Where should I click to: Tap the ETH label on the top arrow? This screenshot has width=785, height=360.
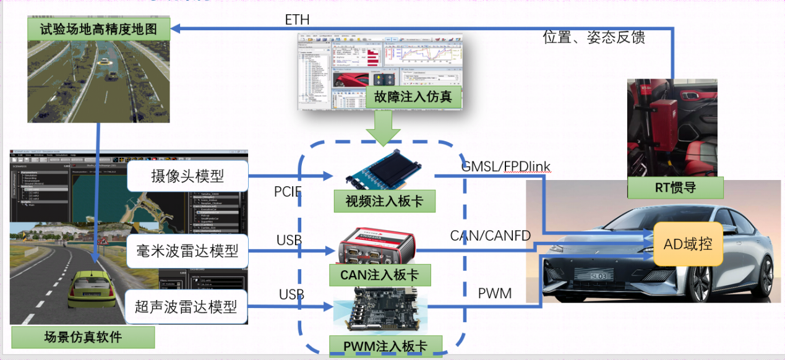click(297, 20)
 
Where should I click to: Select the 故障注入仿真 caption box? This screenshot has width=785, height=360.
click(410, 96)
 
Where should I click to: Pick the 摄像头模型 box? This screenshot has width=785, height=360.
click(187, 176)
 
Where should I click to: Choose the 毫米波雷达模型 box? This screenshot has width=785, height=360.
click(187, 251)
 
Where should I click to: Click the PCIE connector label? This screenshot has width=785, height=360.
click(288, 192)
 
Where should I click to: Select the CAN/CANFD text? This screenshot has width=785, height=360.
click(491, 236)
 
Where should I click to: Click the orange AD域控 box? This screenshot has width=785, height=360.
click(688, 244)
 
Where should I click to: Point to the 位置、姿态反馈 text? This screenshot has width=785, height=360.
click(594, 37)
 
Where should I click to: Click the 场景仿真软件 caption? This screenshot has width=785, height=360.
click(83, 337)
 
